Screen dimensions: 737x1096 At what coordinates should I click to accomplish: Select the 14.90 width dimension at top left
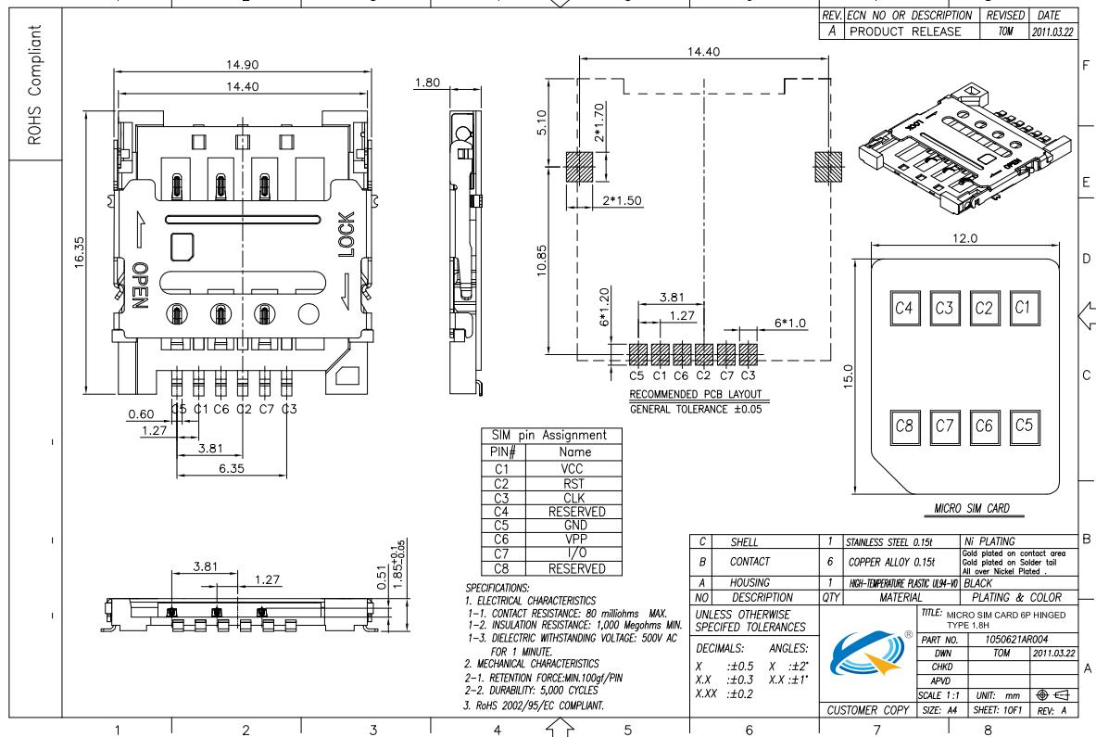(x=242, y=65)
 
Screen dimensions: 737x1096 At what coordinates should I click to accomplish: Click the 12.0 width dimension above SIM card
(x=965, y=237)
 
